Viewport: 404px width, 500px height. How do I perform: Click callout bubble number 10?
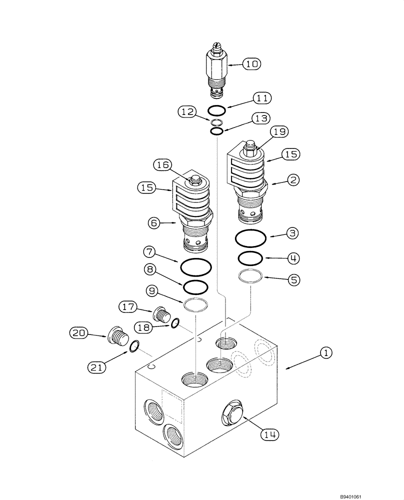pos(252,63)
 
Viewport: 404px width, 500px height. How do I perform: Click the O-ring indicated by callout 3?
pos(251,239)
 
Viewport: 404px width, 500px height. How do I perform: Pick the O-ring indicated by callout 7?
pos(195,267)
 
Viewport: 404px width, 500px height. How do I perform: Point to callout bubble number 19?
pos(279,132)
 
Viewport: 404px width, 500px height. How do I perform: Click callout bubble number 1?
pos(325,353)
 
